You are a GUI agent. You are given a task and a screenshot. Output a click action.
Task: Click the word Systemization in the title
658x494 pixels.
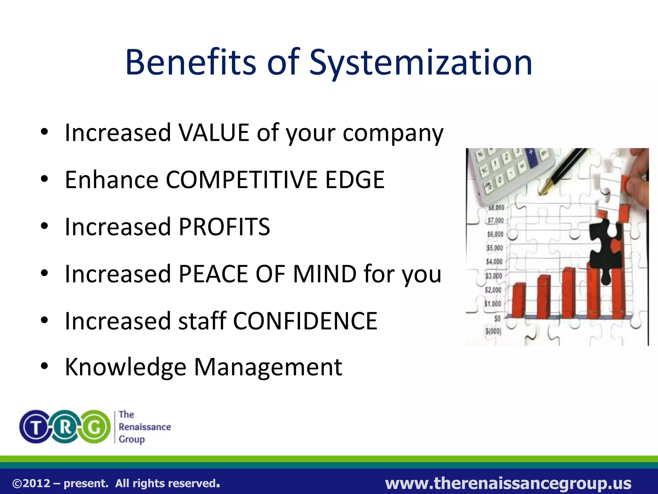(x=421, y=63)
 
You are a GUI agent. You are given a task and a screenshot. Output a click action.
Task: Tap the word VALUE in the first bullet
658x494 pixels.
(x=214, y=133)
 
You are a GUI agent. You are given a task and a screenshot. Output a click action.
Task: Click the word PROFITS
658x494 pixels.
(x=224, y=227)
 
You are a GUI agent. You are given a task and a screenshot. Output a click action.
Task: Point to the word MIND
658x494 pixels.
(x=325, y=274)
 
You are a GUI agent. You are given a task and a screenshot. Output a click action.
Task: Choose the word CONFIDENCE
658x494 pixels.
(x=305, y=321)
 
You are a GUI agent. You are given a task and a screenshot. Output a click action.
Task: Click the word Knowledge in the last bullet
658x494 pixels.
(x=126, y=367)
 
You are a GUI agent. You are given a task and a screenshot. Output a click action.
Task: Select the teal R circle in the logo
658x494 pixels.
(x=65, y=427)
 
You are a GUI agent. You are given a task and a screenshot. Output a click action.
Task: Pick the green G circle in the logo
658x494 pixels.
(x=94, y=427)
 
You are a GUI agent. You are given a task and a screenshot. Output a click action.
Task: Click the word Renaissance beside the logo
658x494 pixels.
(x=145, y=427)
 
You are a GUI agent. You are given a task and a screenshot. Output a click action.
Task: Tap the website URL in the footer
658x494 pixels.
(x=508, y=483)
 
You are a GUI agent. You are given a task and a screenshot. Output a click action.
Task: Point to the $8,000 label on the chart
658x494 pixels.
(x=496, y=208)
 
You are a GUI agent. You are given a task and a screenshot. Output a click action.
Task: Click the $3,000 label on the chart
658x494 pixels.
(x=493, y=276)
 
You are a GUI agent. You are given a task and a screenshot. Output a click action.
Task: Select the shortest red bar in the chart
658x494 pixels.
(x=519, y=300)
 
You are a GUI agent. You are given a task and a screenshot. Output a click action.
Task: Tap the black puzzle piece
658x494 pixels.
(x=606, y=251)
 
